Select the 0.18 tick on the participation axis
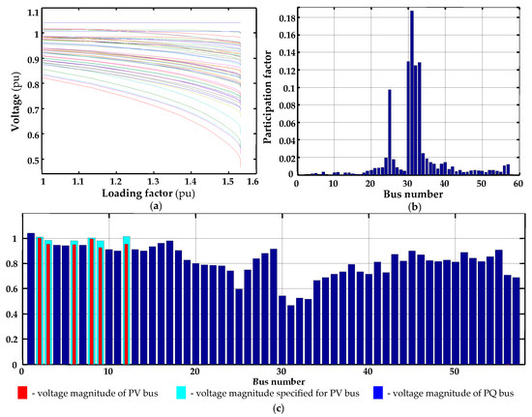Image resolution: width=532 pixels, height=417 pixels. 286,17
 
